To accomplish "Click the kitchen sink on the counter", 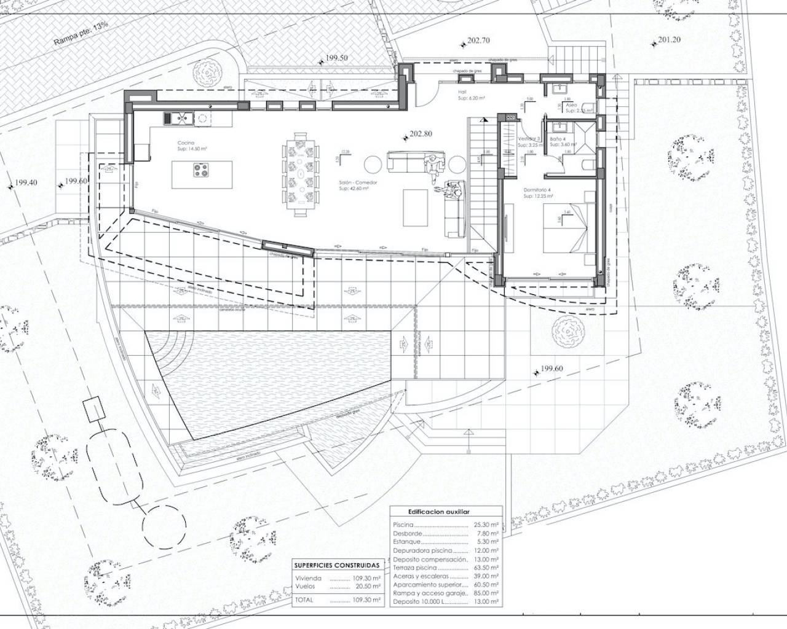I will pos(179,117).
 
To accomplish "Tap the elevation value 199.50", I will pos(336,58).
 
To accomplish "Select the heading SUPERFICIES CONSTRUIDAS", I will pos(336,565).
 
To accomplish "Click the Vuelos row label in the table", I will pos(305,587).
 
